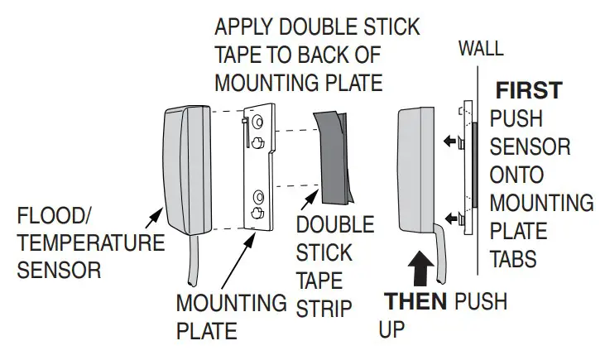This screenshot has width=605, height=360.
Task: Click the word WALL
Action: [x=480, y=48]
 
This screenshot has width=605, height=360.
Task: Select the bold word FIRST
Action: [x=529, y=90]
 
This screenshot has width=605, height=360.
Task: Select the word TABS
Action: [x=513, y=259]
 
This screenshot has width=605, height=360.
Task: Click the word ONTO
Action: [x=516, y=175]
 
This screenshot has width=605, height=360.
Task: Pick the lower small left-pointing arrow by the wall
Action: [x=451, y=218]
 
